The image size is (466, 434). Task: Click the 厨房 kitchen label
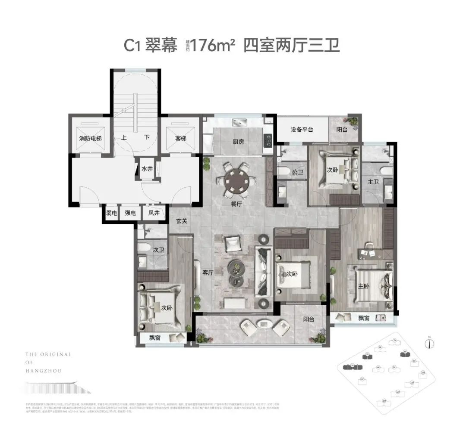(239, 142)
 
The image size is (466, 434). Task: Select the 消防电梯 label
(90, 139)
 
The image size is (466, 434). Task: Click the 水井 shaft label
(147, 169)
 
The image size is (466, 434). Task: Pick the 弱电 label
(111, 213)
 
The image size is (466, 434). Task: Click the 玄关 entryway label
(181, 221)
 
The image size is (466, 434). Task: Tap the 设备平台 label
(302, 130)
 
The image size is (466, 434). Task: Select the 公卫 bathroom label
(297, 172)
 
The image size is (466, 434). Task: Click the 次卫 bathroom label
(158, 249)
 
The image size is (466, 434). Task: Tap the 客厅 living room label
(208, 273)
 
